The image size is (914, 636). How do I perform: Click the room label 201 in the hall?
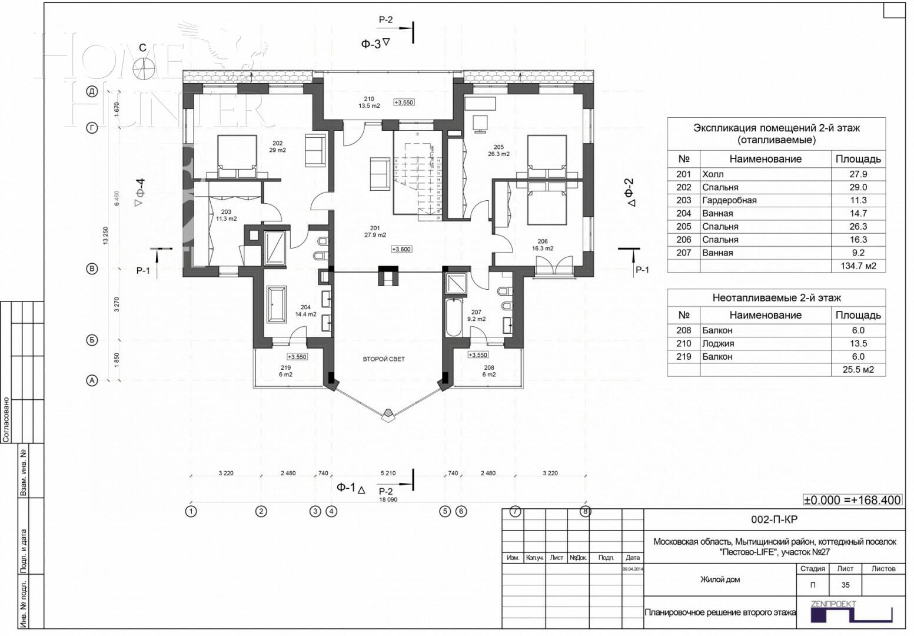click(x=375, y=228)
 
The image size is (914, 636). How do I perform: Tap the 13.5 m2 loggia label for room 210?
click(x=369, y=106)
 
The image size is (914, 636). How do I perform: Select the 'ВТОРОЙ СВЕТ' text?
click(x=383, y=359)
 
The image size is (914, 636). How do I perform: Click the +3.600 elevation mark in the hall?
click(x=401, y=249)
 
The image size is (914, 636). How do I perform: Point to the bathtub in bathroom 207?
click(x=453, y=317)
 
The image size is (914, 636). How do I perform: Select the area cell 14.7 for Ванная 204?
click(x=858, y=213)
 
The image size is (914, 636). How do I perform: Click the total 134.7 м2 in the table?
click(x=858, y=266)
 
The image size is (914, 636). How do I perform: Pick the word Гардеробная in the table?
click(x=729, y=200)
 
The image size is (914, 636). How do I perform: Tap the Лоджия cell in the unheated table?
click(x=717, y=343)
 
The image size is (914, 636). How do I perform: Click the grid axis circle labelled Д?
click(x=92, y=91)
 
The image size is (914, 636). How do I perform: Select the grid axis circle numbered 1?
click(x=191, y=511)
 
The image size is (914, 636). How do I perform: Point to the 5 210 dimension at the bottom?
click(x=388, y=473)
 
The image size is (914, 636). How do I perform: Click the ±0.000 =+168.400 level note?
click(x=852, y=500)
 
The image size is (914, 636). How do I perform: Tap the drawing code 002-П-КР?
click(x=774, y=519)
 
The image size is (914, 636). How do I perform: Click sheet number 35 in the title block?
click(x=845, y=585)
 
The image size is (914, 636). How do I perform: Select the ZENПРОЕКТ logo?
click(x=850, y=612)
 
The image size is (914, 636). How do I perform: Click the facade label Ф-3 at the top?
click(x=371, y=44)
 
